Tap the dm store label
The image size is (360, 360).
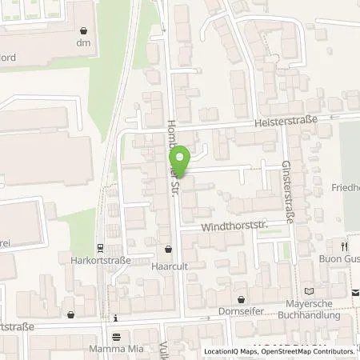coord(84,44)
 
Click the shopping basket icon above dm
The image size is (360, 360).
coord(84,30)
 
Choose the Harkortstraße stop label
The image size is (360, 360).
coord(99,260)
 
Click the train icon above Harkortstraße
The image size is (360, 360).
coord(99,247)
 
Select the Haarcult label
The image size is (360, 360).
coord(168,261)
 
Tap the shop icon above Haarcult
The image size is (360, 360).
coord(168,248)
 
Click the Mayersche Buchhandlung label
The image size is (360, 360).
coord(313,309)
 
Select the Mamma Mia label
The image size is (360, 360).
coord(117,349)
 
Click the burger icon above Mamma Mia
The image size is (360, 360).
coord(117,336)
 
